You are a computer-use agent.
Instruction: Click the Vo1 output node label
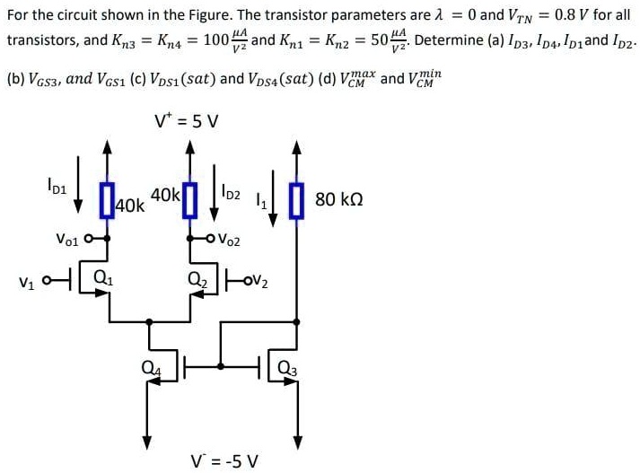click(x=68, y=240)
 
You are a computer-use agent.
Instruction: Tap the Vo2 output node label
click(x=229, y=241)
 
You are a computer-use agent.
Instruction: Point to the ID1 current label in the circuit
click(x=56, y=188)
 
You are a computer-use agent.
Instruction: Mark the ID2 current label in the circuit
click(x=231, y=191)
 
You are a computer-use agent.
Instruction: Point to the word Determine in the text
click(x=448, y=41)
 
